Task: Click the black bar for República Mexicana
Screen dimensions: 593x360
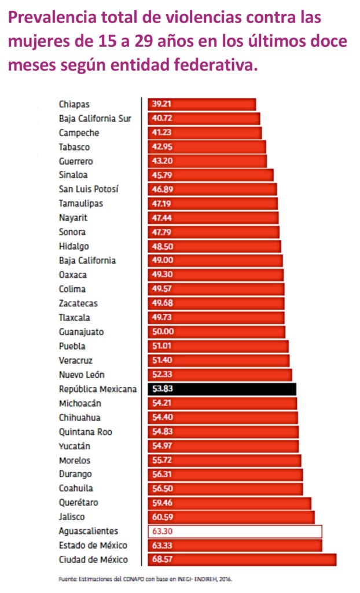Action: click(222, 389)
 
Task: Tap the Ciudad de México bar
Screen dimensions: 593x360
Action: click(242, 560)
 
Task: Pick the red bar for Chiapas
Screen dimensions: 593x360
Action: click(201, 104)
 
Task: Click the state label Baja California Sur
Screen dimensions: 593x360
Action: click(95, 119)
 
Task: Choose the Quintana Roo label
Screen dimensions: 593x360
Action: click(86, 432)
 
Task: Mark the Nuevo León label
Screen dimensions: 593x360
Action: click(82, 375)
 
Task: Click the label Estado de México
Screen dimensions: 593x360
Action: click(93, 546)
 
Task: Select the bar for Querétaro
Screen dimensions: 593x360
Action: click(229, 503)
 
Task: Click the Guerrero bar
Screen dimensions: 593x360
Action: click(207, 161)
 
